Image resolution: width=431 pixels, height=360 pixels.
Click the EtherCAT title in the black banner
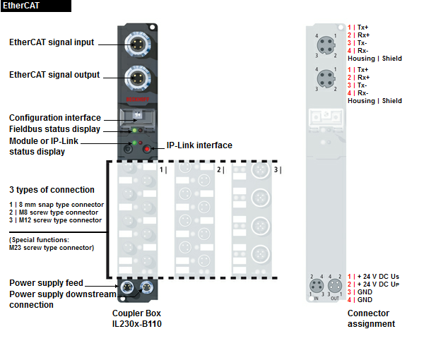pyautogui.click(x=21, y=6)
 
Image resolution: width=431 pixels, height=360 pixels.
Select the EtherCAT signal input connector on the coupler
pyautogui.click(x=138, y=44)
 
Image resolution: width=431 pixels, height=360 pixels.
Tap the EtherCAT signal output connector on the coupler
pyautogui.click(x=138, y=78)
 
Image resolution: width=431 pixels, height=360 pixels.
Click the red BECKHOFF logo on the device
pyautogui.click(x=138, y=100)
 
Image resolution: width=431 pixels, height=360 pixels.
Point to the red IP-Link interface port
pyautogui.click(x=147, y=149)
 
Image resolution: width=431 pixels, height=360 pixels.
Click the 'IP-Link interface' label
pyautogui.click(x=199, y=145)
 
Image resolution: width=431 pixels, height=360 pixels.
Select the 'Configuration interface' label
pyautogui.click(x=55, y=117)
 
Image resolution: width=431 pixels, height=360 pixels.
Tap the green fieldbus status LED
pyautogui.click(x=134, y=130)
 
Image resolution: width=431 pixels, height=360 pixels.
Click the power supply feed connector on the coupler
pyautogui.click(x=126, y=287)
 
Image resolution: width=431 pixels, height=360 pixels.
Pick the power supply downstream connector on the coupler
pyautogui.click(x=146, y=287)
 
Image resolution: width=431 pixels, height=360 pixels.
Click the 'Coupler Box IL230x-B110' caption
pyautogui.click(x=136, y=318)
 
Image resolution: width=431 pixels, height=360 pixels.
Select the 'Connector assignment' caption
pyautogui.click(x=371, y=318)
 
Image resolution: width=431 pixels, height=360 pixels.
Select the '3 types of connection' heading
pyautogui.click(x=52, y=190)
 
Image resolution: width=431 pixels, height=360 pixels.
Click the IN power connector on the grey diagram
pyautogui.click(x=317, y=286)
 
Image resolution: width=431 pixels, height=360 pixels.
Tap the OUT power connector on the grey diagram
pyautogui.click(x=335, y=286)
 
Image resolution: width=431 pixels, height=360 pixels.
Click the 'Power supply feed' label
pyautogui.click(x=46, y=283)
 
